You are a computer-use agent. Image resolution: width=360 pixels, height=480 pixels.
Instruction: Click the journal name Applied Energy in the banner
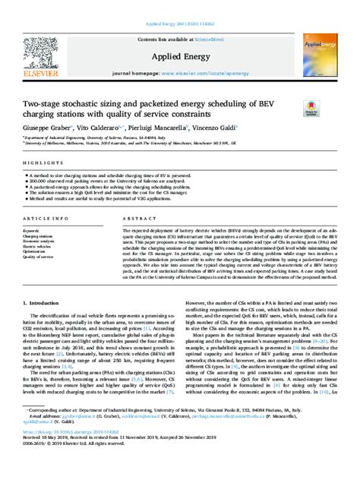[179, 57]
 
